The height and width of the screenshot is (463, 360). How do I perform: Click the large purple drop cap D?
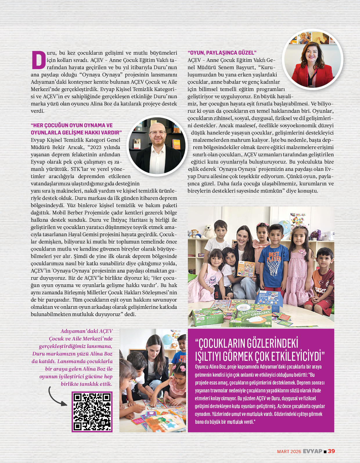point(38,60)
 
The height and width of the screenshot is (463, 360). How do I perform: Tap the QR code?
point(92,412)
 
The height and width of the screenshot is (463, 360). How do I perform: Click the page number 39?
point(331,451)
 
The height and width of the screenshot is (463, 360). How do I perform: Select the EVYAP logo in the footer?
point(312,451)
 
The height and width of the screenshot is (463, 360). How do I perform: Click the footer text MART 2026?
point(289,451)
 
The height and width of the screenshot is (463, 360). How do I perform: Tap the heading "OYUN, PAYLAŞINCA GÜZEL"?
point(222,53)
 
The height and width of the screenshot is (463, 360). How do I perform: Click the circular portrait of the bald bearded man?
point(157,146)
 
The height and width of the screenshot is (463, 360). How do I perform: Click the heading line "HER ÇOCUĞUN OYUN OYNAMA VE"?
point(72,125)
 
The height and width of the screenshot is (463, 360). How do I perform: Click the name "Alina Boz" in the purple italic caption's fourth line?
point(101,354)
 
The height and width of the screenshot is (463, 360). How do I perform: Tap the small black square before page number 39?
point(325,451)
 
